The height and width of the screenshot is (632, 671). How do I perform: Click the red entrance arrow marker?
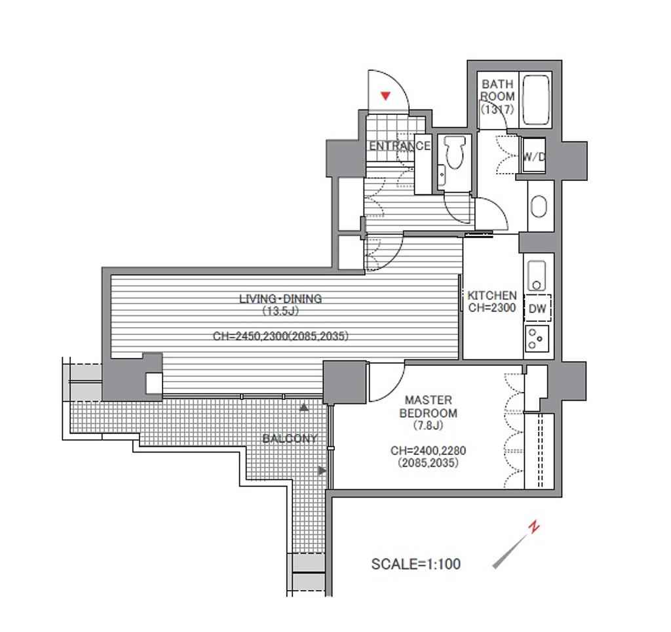coord(385,96)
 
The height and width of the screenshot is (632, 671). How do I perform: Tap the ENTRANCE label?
coord(400,146)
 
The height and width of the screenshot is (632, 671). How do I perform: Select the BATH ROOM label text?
coord(497,90)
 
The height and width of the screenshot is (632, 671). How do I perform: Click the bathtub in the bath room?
coord(536,100)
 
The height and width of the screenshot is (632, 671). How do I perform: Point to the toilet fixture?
coord(454,153)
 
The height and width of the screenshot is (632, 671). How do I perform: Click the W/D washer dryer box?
coord(533,155)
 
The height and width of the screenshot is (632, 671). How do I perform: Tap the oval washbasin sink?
coord(539,207)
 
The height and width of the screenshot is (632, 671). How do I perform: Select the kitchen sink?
coord(537,275)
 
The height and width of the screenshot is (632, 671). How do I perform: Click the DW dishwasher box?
coord(537,308)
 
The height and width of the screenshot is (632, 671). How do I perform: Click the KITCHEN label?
coord(492,296)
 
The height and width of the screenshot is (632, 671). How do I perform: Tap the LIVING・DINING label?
coord(280,298)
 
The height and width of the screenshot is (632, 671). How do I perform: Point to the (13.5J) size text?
coord(280,311)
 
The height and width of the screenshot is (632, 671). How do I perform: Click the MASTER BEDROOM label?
coord(428,406)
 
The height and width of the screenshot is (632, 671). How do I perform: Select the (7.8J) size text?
coord(428,425)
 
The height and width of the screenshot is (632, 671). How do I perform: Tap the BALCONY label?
coord(290,439)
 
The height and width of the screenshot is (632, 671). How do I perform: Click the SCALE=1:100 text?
coord(416,564)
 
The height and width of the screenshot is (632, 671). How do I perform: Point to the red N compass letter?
coord(533,526)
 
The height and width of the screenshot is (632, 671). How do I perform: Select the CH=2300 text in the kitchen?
coord(492,307)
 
